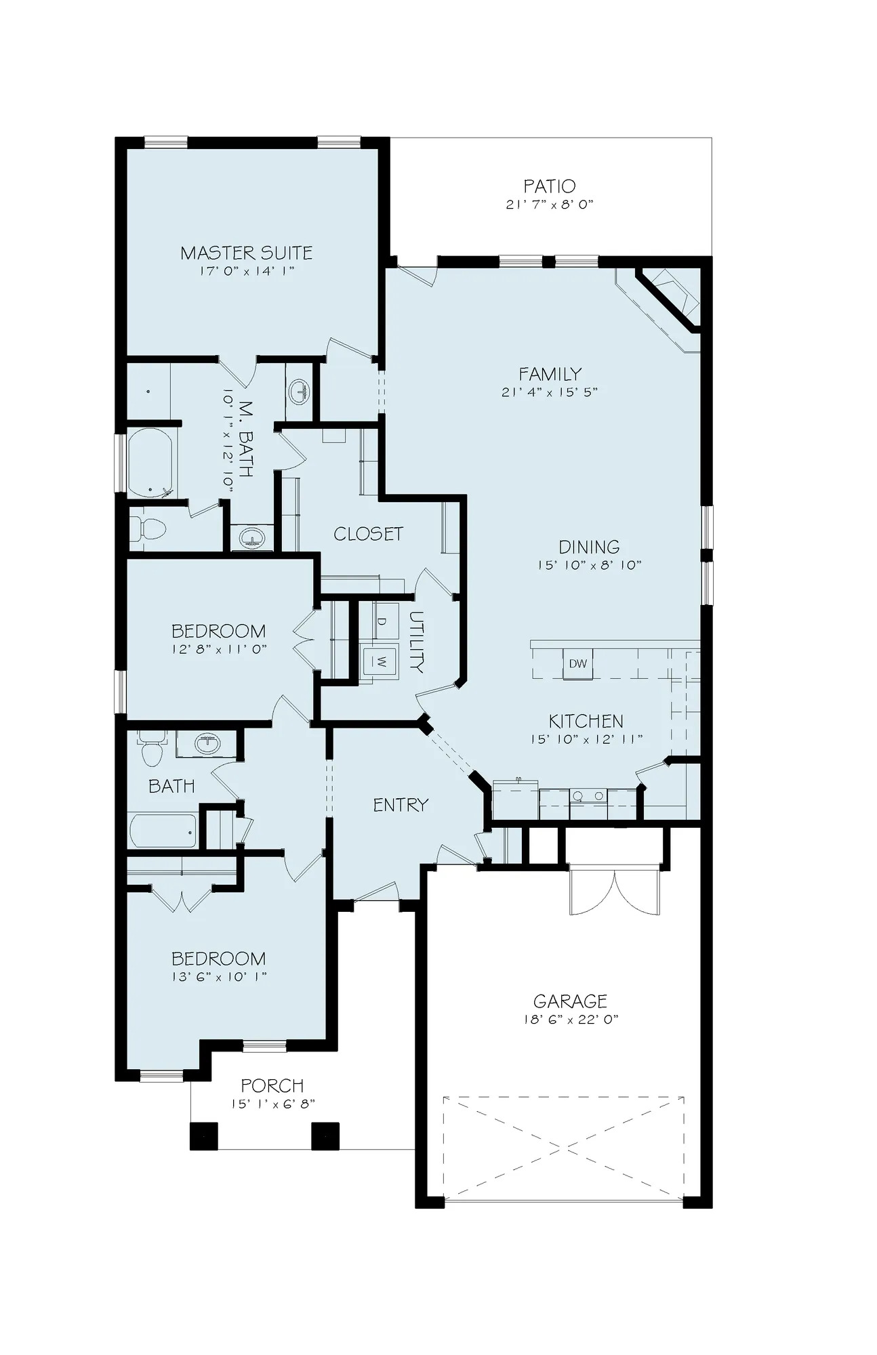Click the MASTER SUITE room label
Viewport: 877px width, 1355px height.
click(x=247, y=253)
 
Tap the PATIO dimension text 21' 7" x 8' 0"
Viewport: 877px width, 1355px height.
click(x=550, y=204)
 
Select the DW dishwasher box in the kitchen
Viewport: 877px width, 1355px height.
click(x=578, y=664)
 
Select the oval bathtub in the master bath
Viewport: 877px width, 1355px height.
click(x=150, y=463)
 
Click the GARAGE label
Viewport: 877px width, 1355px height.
click(x=570, y=1001)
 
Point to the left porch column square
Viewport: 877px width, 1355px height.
click(x=203, y=1136)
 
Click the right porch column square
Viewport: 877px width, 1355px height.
click(x=325, y=1136)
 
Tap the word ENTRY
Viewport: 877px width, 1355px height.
click(x=401, y=805)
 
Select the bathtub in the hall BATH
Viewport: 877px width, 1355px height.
click(x=163, y=831)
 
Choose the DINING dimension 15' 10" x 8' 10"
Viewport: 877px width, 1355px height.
click(x=590, y=564)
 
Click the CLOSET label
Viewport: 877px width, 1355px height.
click(x=369, y=534)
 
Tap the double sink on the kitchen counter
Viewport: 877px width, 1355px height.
click(x=588, y=797)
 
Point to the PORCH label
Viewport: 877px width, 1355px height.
click(x=272, y=1086)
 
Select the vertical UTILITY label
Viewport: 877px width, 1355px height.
click(x=416, y=642)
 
